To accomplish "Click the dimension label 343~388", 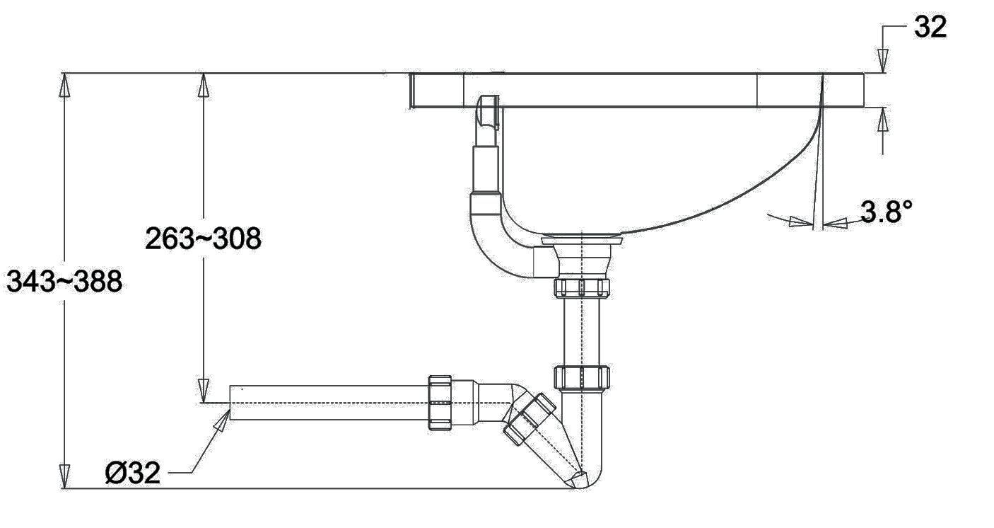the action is [64, 281].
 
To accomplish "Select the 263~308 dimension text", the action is [203, 239].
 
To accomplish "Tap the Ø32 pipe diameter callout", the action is [133, 473].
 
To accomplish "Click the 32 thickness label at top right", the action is [930, 27].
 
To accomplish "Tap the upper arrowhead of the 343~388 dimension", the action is [65, 85].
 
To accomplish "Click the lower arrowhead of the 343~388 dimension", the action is [65, 476].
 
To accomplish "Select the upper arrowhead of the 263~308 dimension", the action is [203, 85].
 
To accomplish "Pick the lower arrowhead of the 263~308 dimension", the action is [203, 391].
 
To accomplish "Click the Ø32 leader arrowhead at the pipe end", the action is [222, 420].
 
